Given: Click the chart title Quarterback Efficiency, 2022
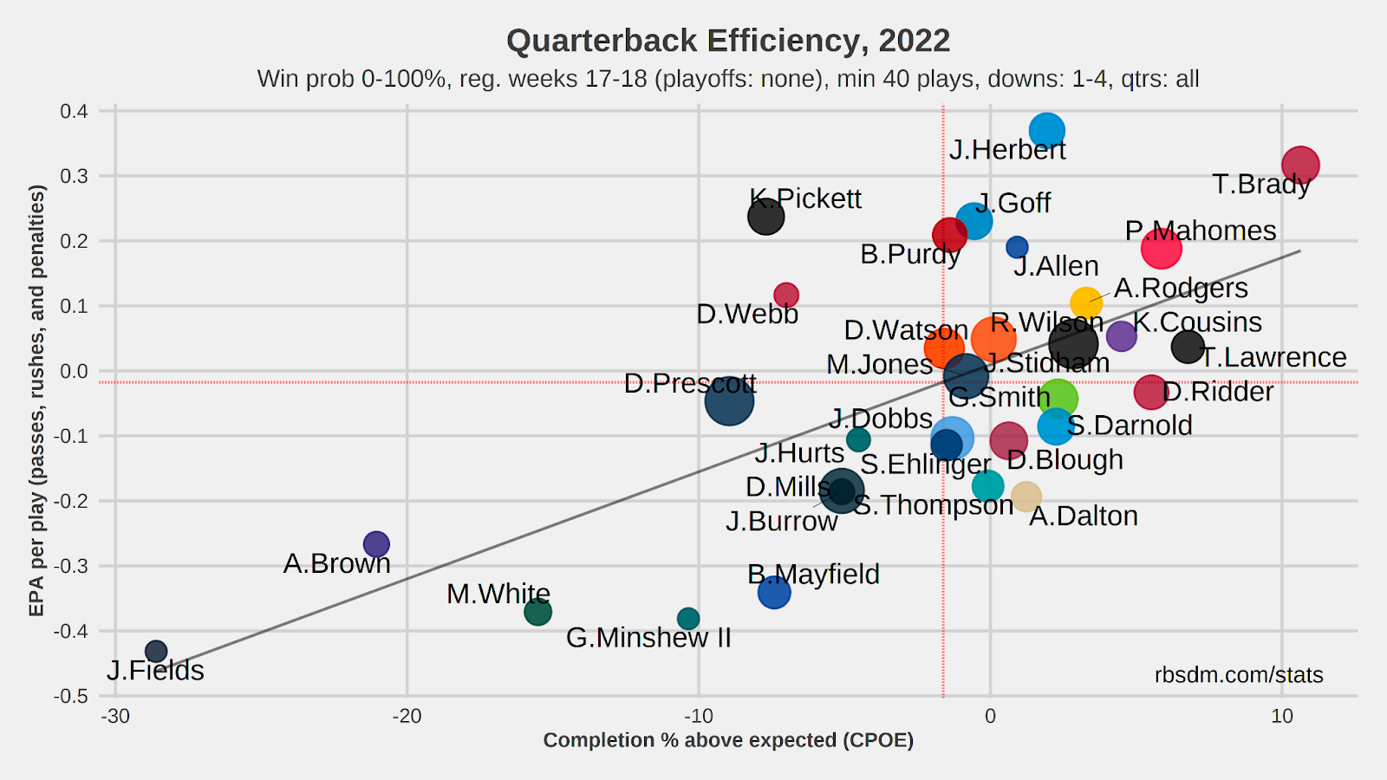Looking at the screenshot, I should (x=728, y=41).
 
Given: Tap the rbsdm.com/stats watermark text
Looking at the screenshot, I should (x=1239, y=675).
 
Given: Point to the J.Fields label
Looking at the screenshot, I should (x=156, y=671).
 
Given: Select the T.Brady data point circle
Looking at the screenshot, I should (x=1300, y=165).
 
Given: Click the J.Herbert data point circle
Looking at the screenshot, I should (x=1047, y=131).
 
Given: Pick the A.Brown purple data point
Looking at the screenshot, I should (x=376, y=544).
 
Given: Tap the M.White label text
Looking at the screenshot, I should (x=498, y=594).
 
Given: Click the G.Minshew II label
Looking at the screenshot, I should (x=648, y=638).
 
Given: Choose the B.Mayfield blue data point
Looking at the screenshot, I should (x=774, y=593).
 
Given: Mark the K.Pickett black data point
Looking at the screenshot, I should (x=766, y=217).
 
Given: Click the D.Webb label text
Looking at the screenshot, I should (x=747, y=314).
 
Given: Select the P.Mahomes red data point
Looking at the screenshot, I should (x=1161, y=249).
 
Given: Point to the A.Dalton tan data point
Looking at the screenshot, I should (x=1026, y=497).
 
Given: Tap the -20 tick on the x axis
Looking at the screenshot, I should (x=407, y=717).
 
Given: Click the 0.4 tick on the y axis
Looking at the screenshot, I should (x=75, y=111).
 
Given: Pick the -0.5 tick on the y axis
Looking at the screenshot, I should (x=72, y=696).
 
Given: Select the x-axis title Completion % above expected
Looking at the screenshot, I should (x=728, y=740).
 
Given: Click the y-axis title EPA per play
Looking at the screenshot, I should (x=36, y=400).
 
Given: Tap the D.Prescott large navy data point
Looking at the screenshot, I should (x=729, y=400).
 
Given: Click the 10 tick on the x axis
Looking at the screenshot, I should (x=1281, y=717).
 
